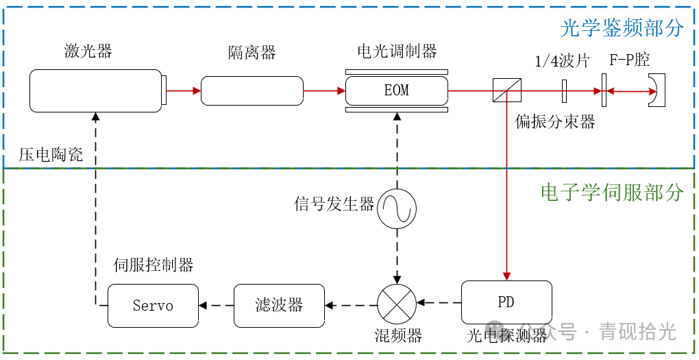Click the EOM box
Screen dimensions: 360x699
tap(396, 91)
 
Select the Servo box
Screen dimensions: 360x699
tap(153, 305)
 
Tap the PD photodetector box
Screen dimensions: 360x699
tap(506, 302)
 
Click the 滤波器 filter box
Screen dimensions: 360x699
tap(279, 305)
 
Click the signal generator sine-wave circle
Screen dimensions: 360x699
tap(397, 208)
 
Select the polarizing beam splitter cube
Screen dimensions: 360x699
tap(506, 91)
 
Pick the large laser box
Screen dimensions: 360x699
tap(96, 91)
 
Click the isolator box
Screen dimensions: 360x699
tap(252, 91)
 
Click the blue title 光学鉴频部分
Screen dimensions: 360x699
tap(622, 28)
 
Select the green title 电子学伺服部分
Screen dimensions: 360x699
tap(612, 193)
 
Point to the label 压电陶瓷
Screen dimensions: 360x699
tap(51, 155)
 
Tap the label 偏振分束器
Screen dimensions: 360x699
tap(555, 122)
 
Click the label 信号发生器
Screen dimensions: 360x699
tap(334, 204)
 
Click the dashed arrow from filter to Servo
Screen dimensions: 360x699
tap(216, 305)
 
